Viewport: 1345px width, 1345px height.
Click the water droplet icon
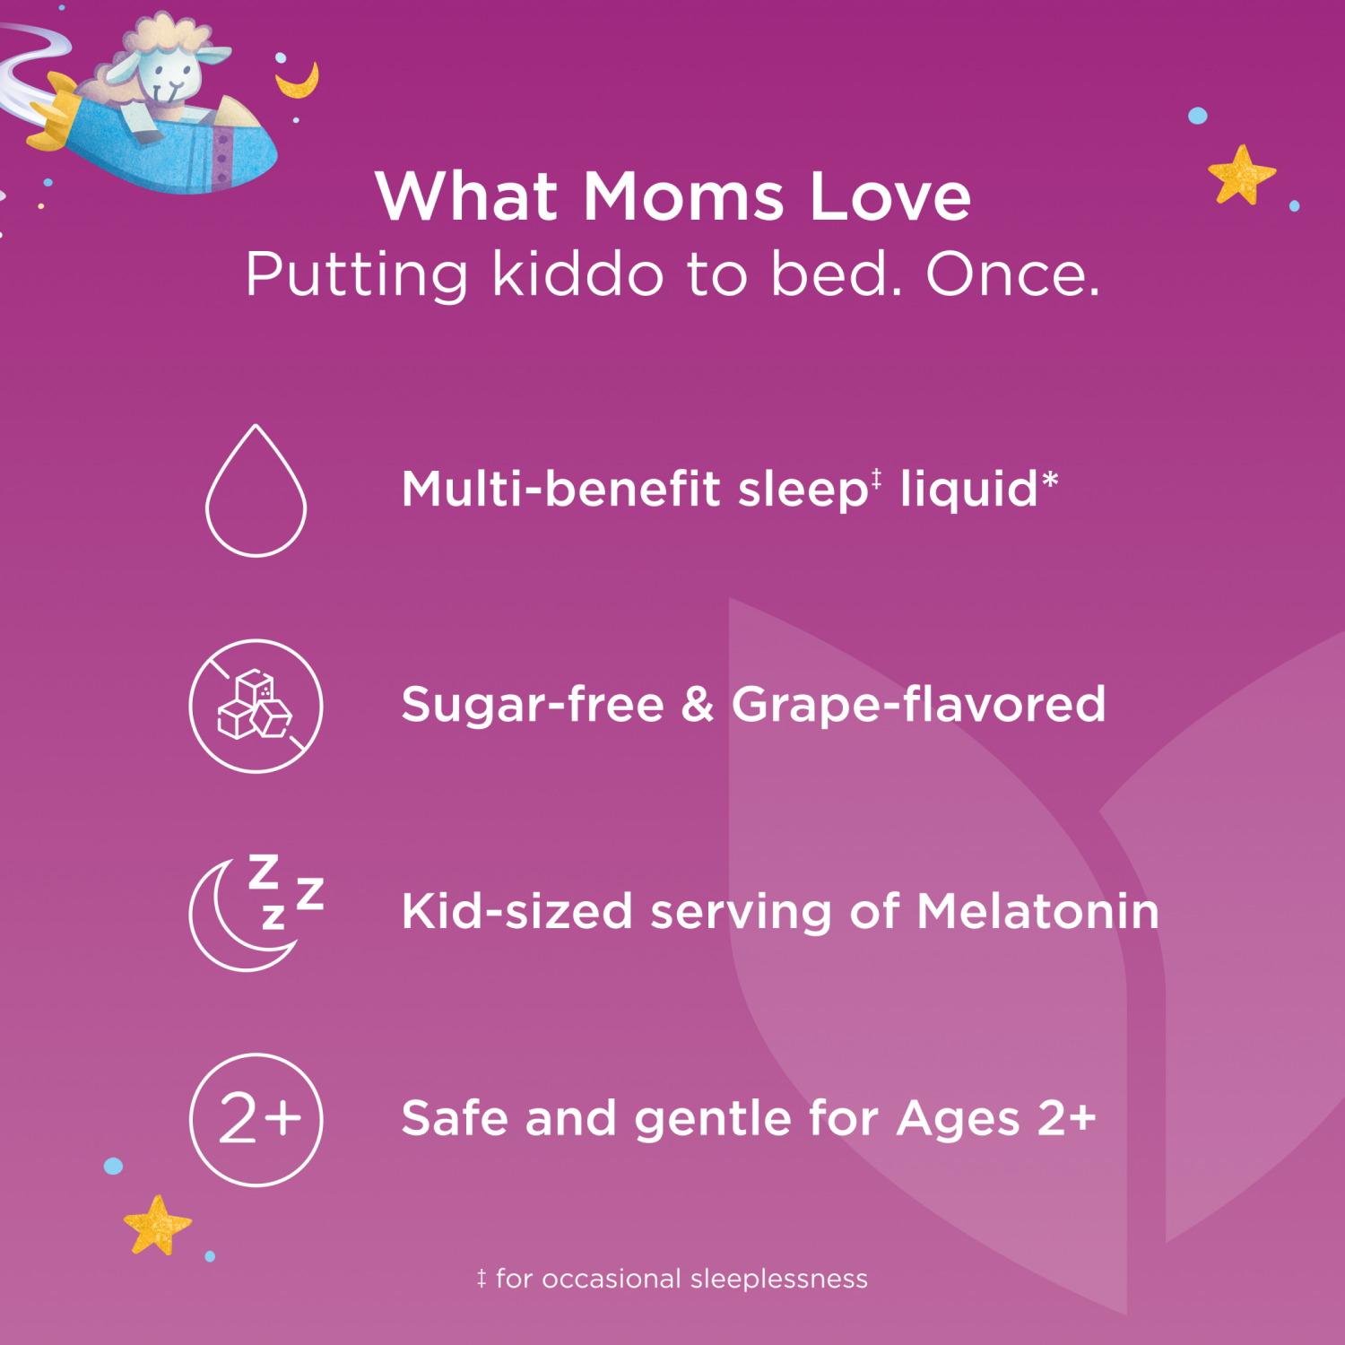tap(256, 493)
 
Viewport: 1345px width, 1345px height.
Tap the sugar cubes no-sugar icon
tap(256, 707)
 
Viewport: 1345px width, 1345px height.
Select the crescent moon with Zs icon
tap(255, 913)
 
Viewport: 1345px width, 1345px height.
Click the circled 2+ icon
tap(256, 1120)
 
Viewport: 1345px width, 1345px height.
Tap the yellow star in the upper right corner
tap(1241, 174)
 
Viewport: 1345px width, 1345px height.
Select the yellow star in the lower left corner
tap(157, 1225)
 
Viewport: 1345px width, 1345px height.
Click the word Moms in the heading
tap(683, 196)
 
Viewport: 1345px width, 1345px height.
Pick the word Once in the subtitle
tap(1011, 273)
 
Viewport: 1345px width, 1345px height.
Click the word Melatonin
tap(1037, 912)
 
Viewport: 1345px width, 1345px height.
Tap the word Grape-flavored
tap(918, 705)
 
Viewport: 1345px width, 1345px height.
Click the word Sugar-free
tap(533, 705)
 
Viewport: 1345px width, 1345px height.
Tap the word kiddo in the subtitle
tap(577, 273)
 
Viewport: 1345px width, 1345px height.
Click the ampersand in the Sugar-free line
tap(698, 705)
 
